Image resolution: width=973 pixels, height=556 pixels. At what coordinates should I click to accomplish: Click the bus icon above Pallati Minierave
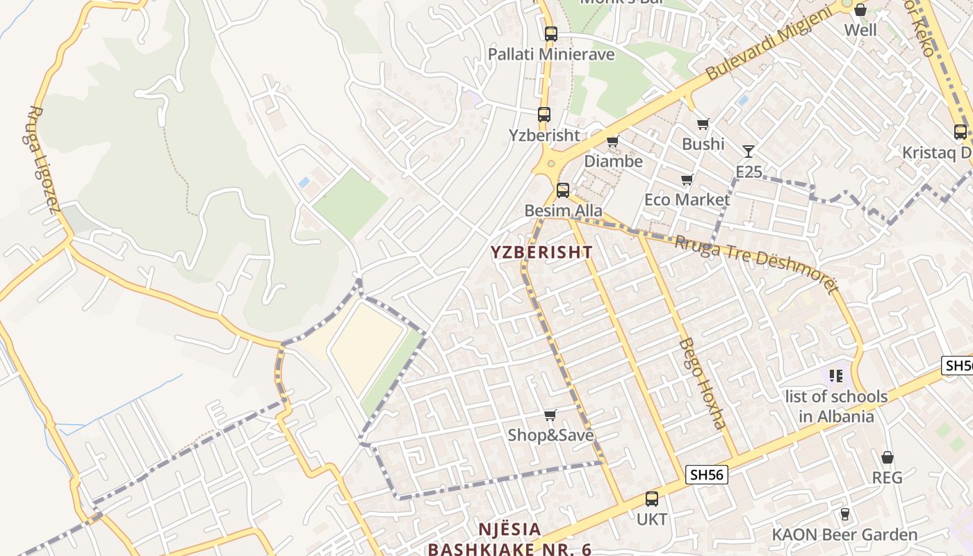(x=550, y=33)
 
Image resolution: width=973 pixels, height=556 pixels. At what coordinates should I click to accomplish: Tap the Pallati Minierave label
(x=551, y=54)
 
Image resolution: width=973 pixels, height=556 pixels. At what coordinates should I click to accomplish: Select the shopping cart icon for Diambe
(x=612, y=142)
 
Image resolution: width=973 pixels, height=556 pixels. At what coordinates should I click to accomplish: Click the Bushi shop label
(x=703, y=144)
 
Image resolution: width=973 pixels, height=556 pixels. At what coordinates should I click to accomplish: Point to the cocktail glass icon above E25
(x=748, y=152)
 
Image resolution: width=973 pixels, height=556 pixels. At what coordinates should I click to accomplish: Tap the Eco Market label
(x=687, y=199)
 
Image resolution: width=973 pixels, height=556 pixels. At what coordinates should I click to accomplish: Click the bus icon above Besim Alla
(x=563, y=190)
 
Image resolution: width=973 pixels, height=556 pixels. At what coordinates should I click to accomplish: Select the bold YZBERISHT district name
(x=541, y=252)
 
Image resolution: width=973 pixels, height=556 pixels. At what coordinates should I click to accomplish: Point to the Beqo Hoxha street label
(x=702, y=383)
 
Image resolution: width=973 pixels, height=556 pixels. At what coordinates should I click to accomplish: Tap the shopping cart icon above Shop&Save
(x=550, y=416)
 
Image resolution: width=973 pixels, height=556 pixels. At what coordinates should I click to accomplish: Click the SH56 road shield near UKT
(x=706, y=475)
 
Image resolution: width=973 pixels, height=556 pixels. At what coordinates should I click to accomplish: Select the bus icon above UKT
(x=651, y=499)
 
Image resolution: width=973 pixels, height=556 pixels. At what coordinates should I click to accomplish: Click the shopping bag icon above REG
(x=887, y=457)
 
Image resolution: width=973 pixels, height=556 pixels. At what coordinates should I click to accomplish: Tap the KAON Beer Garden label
(x=844, y=534)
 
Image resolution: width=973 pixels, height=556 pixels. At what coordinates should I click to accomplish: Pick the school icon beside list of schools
(x=835, y=376)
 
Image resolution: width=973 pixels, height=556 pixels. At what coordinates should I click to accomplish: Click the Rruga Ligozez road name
(x=43, y=159)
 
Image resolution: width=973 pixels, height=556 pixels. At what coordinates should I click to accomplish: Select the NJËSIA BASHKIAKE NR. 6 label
(x=509, y=539)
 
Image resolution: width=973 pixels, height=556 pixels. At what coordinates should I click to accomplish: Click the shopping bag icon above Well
(x=860, y=10)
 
